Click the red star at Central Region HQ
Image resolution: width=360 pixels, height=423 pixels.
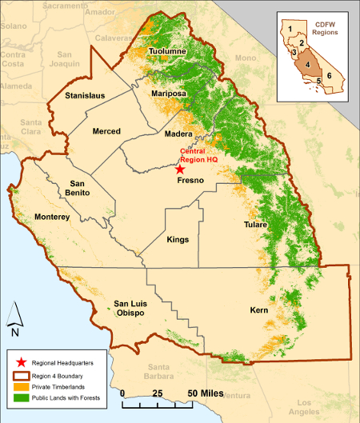click(x=180, y=169)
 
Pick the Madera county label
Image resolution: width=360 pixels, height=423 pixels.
click(x=179, y=135)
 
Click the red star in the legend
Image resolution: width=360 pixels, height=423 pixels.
click(x=18, y=362)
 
